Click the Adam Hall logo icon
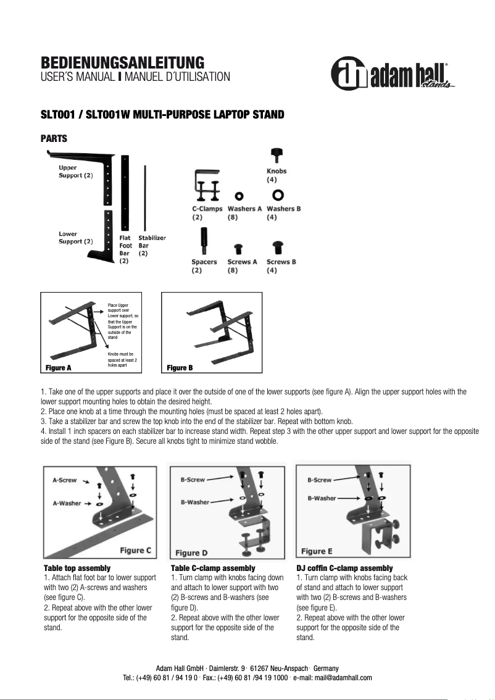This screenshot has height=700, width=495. [x=349, y=75]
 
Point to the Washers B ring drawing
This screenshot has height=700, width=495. [x=278, y=195]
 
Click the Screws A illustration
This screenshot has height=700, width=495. [x=238, y=248]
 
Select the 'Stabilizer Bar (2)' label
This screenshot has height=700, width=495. [x=151, y=245]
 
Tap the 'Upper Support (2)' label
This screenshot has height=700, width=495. [x=75, y=172]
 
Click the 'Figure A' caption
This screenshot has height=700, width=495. [x=59, y=368]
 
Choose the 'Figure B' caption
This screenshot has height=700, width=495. [x=180, y=368]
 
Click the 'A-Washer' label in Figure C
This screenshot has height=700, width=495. [x=67, y=503]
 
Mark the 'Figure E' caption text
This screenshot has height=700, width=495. [x=316, y=551]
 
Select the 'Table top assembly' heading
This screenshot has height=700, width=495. [x=77, y=568]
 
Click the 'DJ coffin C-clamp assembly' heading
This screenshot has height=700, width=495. [x=344, y=568]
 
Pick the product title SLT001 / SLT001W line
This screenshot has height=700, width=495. [x=162, y=115]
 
